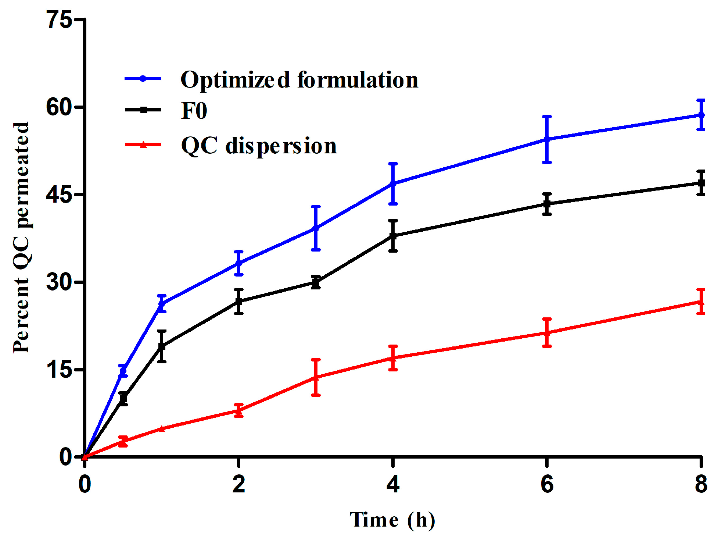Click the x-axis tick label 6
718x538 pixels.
[x=547, y=484]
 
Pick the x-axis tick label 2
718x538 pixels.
[x=239, y=484]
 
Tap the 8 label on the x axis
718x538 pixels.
[x=701, y=484]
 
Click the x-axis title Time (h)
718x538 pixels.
[x=392, y=520]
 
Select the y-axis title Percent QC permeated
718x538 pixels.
[x=21, y=237]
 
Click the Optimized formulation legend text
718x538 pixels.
[x=299, y=80]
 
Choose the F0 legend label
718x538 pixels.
[x=194, y=111]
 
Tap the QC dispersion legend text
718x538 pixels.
[x=259, y=146]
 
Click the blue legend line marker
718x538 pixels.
[x=143, y=78]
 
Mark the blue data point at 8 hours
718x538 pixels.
[x=701, y=115]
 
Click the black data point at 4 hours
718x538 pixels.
[x=393, y=236]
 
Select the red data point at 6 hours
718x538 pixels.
[x=547, y=333]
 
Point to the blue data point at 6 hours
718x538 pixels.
[x=547, y=139]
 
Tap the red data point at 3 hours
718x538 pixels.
[x=316, y=377]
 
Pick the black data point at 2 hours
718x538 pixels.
[x=239, y=302]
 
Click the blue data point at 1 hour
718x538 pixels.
[x=162, y=304]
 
